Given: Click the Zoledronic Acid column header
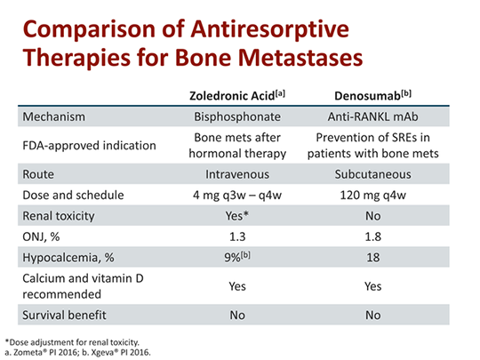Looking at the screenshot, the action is [x=237, y=95].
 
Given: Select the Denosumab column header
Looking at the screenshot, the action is [x=372, y=95].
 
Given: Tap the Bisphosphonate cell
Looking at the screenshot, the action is [x=237, y=117].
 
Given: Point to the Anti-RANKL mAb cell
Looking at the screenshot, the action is [x=372, y=116].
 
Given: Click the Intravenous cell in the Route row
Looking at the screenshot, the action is [x=237, y=174].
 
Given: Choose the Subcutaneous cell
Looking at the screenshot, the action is [x=372, y=174].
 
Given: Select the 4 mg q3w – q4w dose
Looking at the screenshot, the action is [x=237, y=196].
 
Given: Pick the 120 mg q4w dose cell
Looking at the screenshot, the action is [x=372, y=196].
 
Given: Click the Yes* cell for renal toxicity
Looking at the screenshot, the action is [x=237, y=216].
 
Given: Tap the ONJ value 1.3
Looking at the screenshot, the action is [x=237, y=236].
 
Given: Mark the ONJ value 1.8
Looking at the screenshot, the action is [x=372, y=236].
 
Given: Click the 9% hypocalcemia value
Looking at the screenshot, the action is [x=237, y=257].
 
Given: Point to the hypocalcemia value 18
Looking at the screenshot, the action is [x=373, y=258].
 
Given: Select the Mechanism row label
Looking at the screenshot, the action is [x=54, y=116].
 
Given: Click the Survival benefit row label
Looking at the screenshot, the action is [x=64, y=315].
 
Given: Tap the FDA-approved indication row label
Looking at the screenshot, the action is [x=90, y=146].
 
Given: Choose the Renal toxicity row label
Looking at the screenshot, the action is [x=59, y=216].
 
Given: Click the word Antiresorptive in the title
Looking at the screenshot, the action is [x=270, y=30].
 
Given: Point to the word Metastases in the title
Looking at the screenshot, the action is [x=300, y=57].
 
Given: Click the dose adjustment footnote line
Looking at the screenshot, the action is [x=72, y=342].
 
